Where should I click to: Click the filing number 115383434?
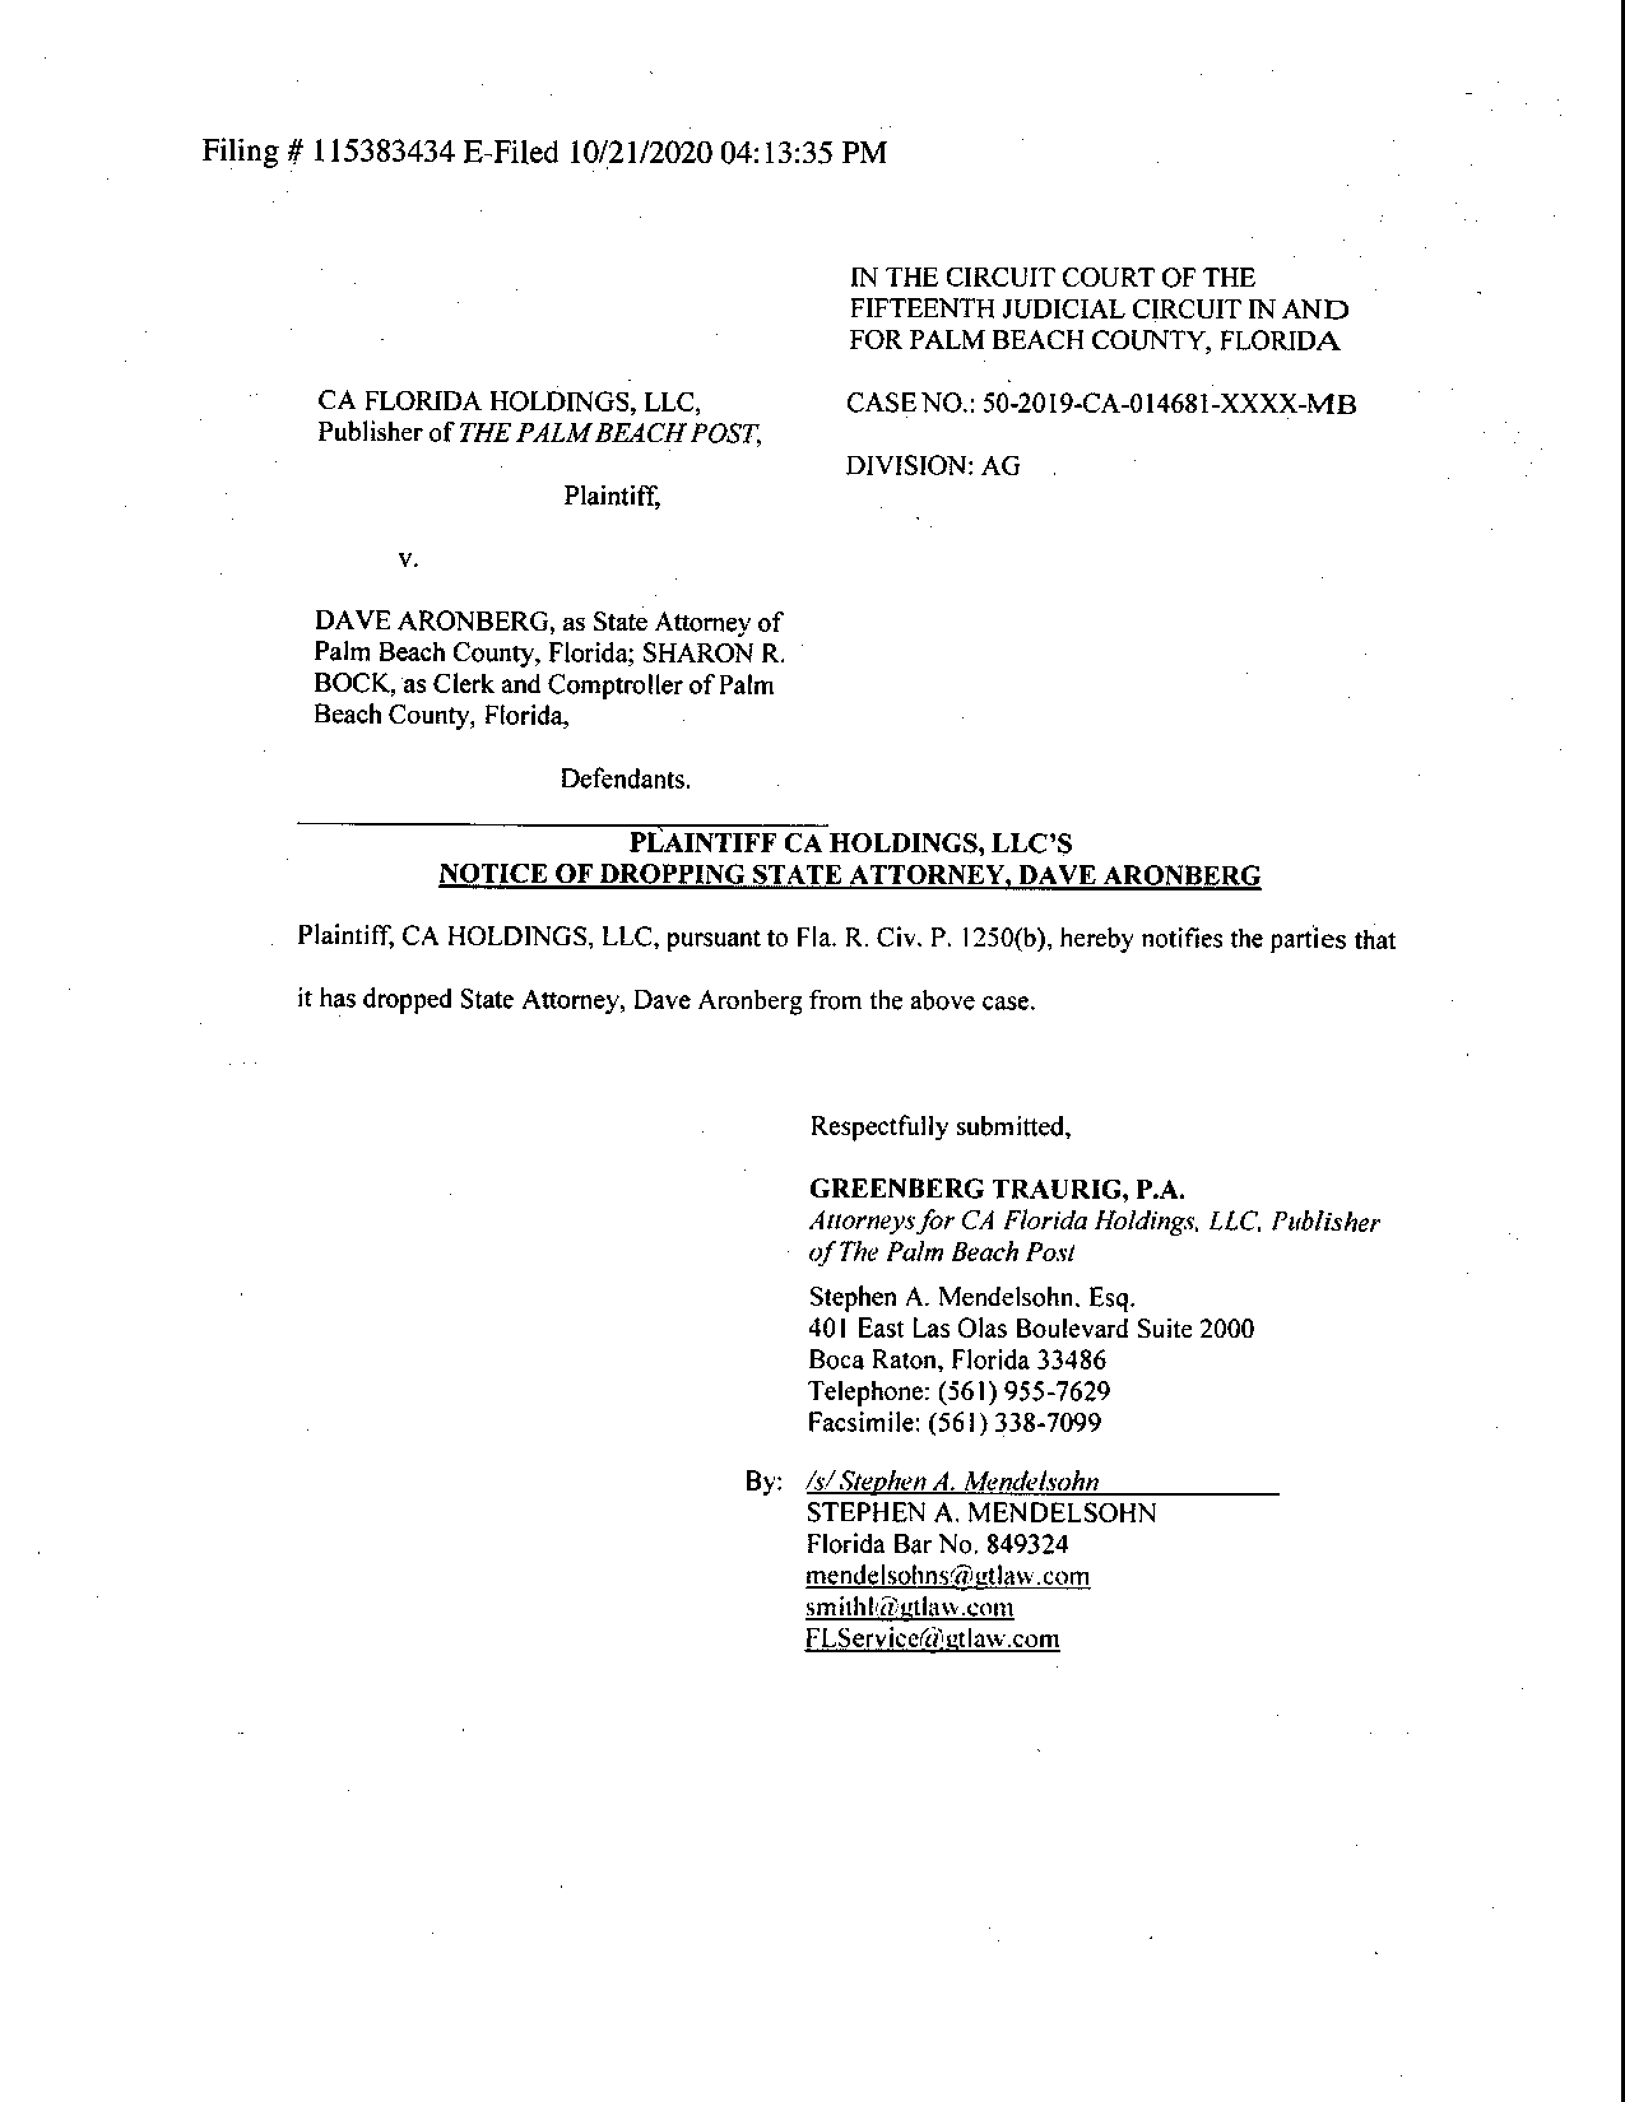click(x=382, y=153)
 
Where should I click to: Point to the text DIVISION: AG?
click(x=933, y=467)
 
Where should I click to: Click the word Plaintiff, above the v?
click(x=612, y=497)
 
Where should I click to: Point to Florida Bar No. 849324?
click(x=937, y=1545)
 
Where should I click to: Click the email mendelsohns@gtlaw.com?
click(x=947, y=1576)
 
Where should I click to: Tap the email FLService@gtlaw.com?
click(x=932, y=1639)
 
